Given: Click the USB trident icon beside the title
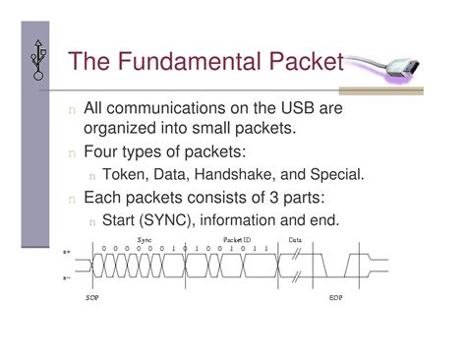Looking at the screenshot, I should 37,61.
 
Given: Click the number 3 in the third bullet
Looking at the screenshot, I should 264,198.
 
